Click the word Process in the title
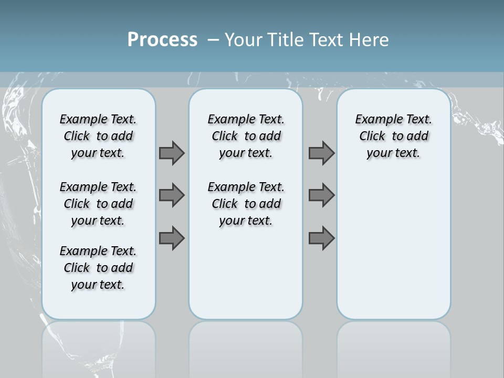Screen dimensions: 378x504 (x=162, y=40)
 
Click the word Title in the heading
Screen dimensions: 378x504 (x=287, y=40)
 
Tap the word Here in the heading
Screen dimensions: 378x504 (x=370, y=40)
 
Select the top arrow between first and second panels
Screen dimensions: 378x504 (x=172, y=153)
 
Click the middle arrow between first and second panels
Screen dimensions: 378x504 (x=172, y=195)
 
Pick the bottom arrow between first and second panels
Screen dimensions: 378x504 (x=172, y=238)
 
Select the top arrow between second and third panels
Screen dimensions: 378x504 (x=321, y=153)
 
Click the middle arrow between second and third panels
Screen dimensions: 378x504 (x=321, y=195)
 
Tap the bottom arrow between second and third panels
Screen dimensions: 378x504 (x=321, y=238)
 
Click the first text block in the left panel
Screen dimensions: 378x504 (x=98, y=136)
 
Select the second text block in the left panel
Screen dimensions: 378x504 (x=98, y=204)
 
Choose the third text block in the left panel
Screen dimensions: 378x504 (x=98, y=268)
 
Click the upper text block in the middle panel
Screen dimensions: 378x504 (x=246, y=136)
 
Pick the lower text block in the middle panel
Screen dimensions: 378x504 (x=246, y=204)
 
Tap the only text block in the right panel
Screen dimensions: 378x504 (x=393, y=136)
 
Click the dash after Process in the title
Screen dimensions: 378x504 (x=213, y=40)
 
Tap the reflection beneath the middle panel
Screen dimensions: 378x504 (x=246, y=346)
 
